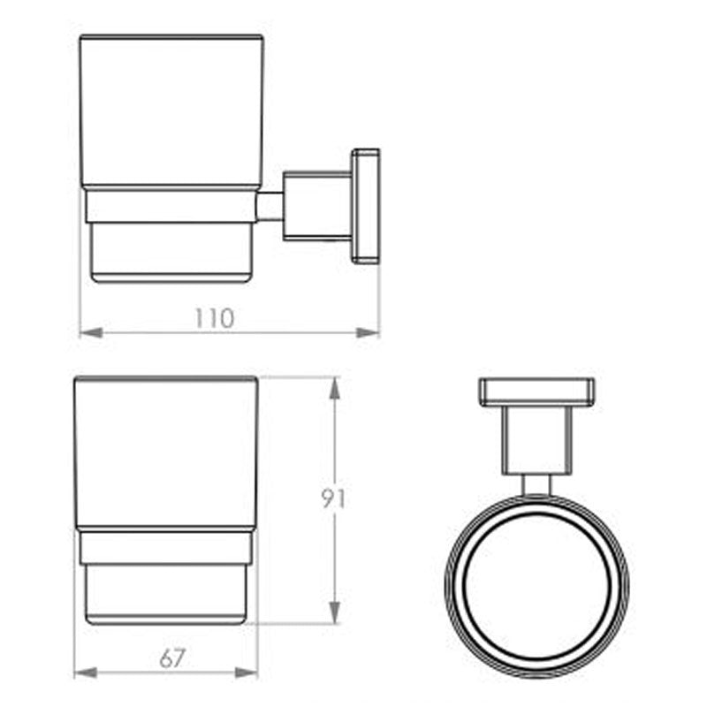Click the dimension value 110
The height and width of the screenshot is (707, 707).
pyautogui.click(x=215, y=318)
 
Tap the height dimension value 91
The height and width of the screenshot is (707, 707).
pyautogui.click(x=333, y=498)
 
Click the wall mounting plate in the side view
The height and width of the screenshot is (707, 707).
pyautogui.click(x=365, y=206)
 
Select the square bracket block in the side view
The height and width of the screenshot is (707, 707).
pyautogui.click(x=316, y=206)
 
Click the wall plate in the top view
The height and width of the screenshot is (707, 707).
pyautogui.click(x=536, y=392)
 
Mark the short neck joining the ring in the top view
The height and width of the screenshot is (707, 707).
pyautogui.click(x=536, y=484)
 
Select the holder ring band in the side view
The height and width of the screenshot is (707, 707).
pyautogui.click(x=172, y=205)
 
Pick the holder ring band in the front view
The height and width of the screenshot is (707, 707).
pyautogui.click(x=166, y=546)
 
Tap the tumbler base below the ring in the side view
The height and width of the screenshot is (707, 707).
pyautogui.click(x=172, y=252)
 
